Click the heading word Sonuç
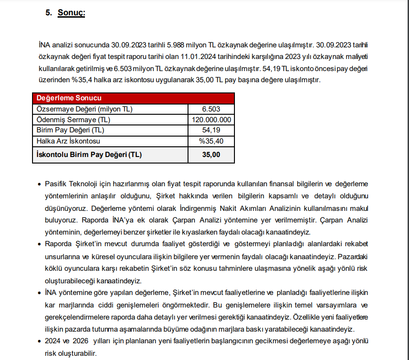[71, 13]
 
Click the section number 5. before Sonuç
[49, 13]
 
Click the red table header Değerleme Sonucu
[69, 98]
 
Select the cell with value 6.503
[211, 109]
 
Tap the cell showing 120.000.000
[211, 120]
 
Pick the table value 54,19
[211, 130]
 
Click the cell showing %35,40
[211, 141]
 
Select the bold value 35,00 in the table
[211, 154]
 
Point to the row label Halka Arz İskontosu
[68, 141]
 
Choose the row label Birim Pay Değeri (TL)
[70, 130]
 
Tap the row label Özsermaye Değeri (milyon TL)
[84, 109]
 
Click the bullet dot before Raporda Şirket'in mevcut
[39, 244]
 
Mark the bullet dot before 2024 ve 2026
[39, 342]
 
